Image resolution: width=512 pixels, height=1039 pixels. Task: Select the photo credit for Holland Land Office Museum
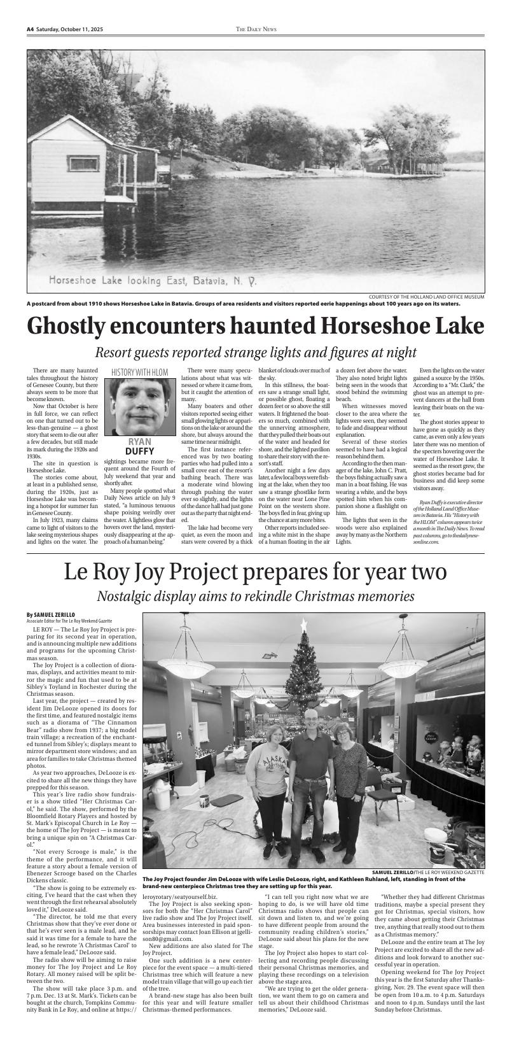click(x=426, y=297)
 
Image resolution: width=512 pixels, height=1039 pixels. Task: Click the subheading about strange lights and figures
click(x=256, y=352)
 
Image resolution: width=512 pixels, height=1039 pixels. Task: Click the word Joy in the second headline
click(x=202, y=572)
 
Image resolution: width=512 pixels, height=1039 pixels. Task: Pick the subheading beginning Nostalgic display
click(x=256, y=597)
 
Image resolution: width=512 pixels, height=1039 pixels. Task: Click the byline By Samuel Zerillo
click(x=51, y=614)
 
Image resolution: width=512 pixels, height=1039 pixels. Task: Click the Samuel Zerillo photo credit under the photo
click(x=428, y=872)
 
